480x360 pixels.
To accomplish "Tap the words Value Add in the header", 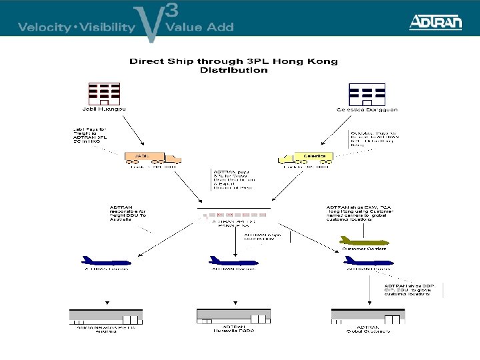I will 199,27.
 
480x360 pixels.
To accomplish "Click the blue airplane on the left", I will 106,260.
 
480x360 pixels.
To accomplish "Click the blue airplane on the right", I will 363,260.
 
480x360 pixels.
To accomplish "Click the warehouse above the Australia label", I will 107,316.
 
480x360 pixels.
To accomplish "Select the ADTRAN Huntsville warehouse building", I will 233,316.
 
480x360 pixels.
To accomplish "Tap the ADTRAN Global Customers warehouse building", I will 367,316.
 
